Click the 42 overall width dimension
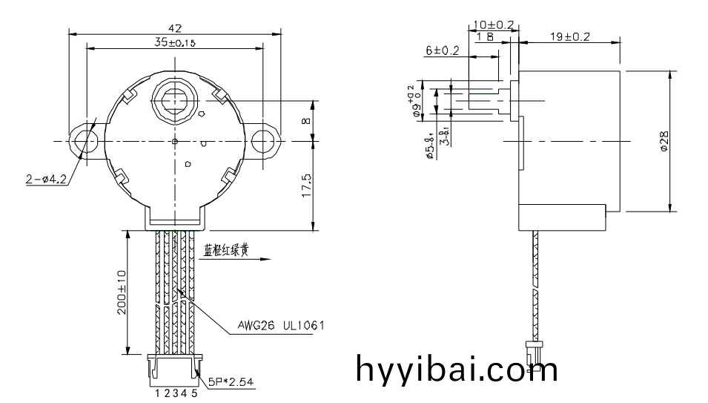(175, 28)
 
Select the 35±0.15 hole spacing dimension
(175, 43)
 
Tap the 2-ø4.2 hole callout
(45, 177)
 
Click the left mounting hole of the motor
(82, 140)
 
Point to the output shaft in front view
(175, 99)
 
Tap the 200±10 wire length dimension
(122, 292)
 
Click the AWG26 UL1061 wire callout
(281, 325)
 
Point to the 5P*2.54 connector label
(231, 381)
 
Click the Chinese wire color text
(226, 251)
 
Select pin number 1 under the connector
(158, 394)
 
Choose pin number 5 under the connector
(194, 394)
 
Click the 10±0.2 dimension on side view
(494, 24)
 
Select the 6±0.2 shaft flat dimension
(442, 50)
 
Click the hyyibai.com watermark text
(456, 369)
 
